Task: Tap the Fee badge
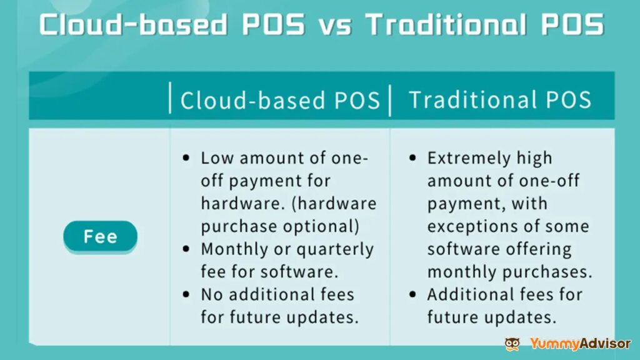coord(100,237)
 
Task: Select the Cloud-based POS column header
coord(280,101)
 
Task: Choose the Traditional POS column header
coord(500,101)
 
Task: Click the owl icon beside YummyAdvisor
coord(512,344)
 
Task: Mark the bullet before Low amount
coord(186,159)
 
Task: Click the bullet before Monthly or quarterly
coord(186,249)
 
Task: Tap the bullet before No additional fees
coord(186,295)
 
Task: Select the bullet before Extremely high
coord(412,159)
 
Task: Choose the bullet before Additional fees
coord(412,295)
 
